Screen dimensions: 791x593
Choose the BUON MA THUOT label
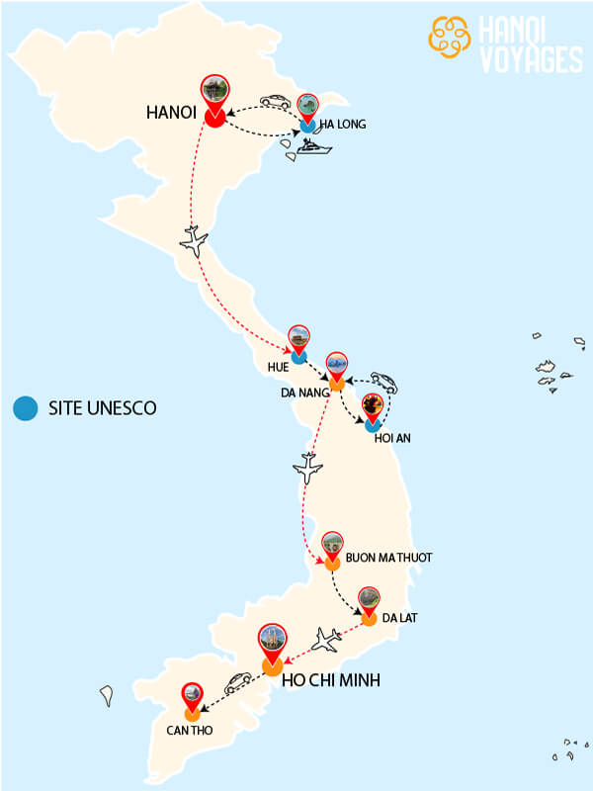pos(388,558)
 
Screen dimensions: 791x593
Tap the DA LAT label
pos(400,618)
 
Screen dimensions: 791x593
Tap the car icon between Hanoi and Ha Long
pos(275,102)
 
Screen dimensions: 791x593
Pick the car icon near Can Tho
pos(237,681)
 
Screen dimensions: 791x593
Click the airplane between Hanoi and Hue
pos(195,239)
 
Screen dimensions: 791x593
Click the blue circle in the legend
pos(27,407)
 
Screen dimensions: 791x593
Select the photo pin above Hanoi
pos(213,91)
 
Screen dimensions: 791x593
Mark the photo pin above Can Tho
pos(193,695)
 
